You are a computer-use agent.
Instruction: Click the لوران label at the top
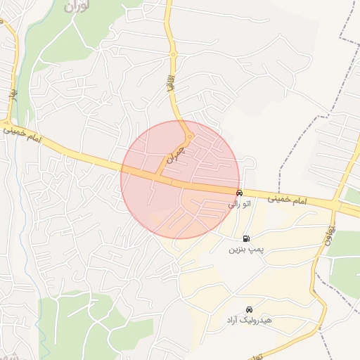77,8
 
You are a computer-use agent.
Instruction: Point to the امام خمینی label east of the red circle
288,200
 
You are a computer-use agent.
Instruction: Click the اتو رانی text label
238,204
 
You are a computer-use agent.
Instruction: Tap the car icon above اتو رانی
239,193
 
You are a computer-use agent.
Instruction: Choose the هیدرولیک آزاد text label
248,321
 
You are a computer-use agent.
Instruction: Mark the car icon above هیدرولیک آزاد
249,309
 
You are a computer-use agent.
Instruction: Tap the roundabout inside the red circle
188,136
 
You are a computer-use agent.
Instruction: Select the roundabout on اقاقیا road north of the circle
172,54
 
